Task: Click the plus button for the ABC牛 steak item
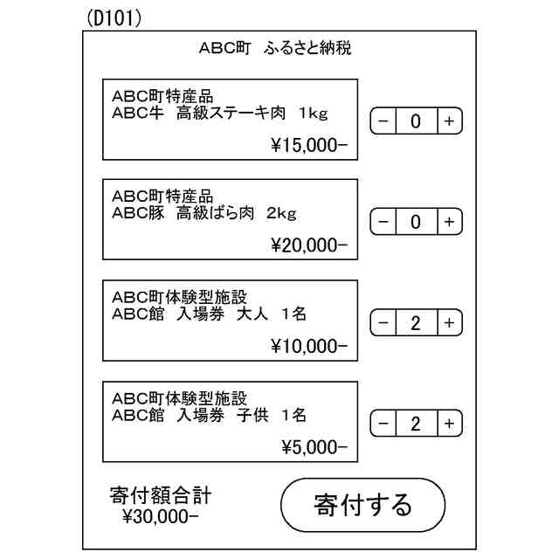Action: (x=448, y=121)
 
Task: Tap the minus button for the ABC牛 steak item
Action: (x=383, y=121)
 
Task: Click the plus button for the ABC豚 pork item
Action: (x=448, y=222)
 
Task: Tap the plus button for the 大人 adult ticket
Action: (x=448, y=323)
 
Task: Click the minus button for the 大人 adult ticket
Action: (x=383, y=323)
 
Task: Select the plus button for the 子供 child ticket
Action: (x=448, y=424)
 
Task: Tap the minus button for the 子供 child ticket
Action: (x=383, y=424)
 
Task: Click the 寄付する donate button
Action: (x=362, y=505)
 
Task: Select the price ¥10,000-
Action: (x=308, y=347)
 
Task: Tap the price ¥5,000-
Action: (x=314, y=448)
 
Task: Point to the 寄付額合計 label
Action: (x=161, y=496)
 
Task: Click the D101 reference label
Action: (x=114, y=18)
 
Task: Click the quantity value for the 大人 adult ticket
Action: (x=416, y=323)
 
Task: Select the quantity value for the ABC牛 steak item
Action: (x=416, y=121)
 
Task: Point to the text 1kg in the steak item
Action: (x=313, y=113)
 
